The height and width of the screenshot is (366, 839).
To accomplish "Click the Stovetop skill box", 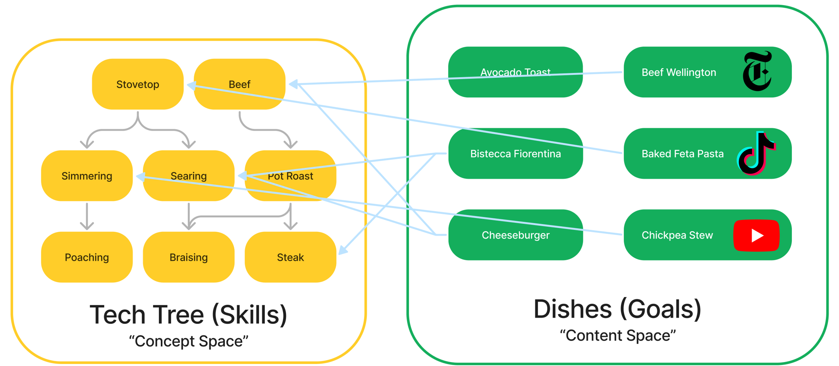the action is pos(138,84).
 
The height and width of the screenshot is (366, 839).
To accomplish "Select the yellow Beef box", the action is pos(239,84).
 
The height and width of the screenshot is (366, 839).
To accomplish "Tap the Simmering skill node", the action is pos(87,175).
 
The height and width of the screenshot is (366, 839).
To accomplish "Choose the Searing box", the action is pos(189,175).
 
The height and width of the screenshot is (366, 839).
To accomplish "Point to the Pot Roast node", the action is pos(290,175).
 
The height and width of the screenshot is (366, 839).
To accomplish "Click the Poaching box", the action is pos(87,257).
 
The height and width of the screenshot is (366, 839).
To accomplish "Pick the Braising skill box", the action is pos(189,257).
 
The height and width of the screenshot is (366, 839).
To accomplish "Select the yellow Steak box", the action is pos(290,257).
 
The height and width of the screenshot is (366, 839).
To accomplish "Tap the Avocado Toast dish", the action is pos(515,72).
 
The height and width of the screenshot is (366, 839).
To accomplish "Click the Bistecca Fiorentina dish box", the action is pos(515,153).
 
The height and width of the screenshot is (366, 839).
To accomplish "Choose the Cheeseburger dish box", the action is pos(515,235).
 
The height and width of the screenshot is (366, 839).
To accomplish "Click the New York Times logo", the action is pos(757,71).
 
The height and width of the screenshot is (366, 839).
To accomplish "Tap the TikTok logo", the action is pos(756,153).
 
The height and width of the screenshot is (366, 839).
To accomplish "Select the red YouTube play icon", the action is pos(756,235).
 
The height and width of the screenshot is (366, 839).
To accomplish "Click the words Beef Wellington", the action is pos(679,72).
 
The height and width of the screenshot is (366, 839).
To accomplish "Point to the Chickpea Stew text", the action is pos(677,235).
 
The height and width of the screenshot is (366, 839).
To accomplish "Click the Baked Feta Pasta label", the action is pos(683,154).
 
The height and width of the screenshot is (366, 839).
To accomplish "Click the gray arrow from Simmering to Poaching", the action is pos(87,216).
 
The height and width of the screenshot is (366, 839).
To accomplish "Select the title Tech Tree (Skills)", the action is pos(189,315).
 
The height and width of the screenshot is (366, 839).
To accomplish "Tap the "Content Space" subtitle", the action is pos(618,335).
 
